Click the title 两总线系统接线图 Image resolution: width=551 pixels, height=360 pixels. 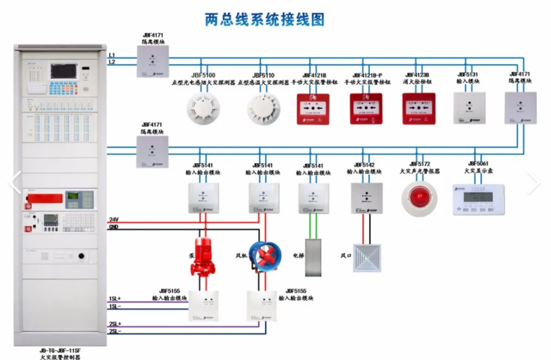pos(264,20)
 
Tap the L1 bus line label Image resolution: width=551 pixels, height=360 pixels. pos(112,55)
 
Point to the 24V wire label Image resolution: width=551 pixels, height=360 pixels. pos(114,219)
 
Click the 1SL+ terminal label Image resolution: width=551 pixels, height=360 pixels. pos(115,298)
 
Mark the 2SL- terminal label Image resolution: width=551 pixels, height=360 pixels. pos(115,331)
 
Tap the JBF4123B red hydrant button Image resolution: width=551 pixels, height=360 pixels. pos(418,108)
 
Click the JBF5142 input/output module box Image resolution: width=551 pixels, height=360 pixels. pos(367,198)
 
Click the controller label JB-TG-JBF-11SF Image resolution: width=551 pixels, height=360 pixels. pos(59,350)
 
